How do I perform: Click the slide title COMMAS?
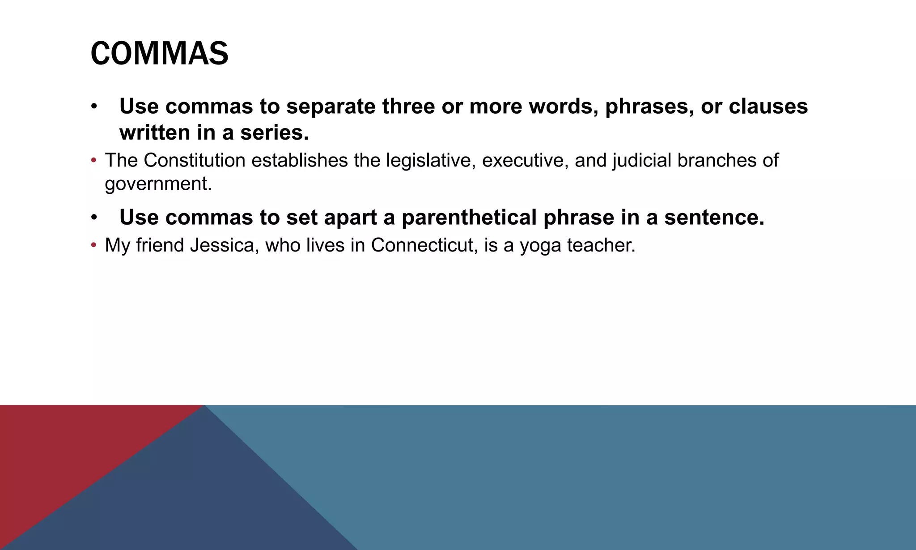(x=159, y=54)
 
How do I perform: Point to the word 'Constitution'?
(x=194, y=160)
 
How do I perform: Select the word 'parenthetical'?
(x=469, y=217)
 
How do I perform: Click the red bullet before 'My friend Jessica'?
(x=93, y=245)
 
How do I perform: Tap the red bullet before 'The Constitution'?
(x=93, y=160)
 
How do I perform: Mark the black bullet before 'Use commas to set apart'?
(x=93, y=217)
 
